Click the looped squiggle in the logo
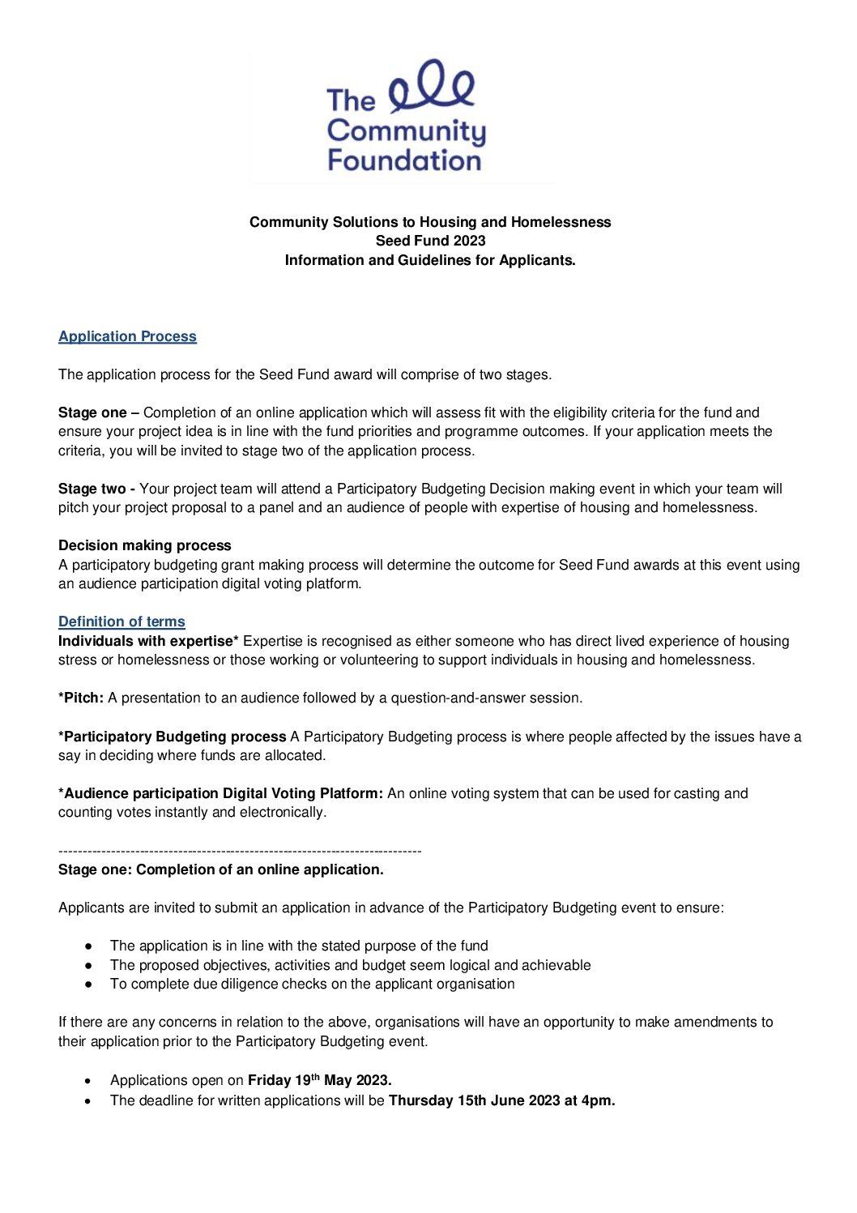[432, 85]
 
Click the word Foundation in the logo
[404, 160]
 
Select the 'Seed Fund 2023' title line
[430, 241]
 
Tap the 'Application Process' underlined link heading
[127, 336]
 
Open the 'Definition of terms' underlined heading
[122, 621]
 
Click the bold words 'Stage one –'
[99, 412]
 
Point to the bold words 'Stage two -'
[96, 489]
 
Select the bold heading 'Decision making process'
[145, 545]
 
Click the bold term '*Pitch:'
[81, 698]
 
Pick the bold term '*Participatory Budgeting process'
[173, 737]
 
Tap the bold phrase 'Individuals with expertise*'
[148, 641]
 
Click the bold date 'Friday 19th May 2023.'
[319, 1080]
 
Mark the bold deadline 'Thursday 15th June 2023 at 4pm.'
[501, 1100]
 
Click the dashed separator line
[240, 851]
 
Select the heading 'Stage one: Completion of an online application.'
[221, 869]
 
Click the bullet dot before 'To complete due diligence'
[88, 984]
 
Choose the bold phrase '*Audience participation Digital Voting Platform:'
[220, 793]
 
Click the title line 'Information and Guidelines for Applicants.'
[430, 260]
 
